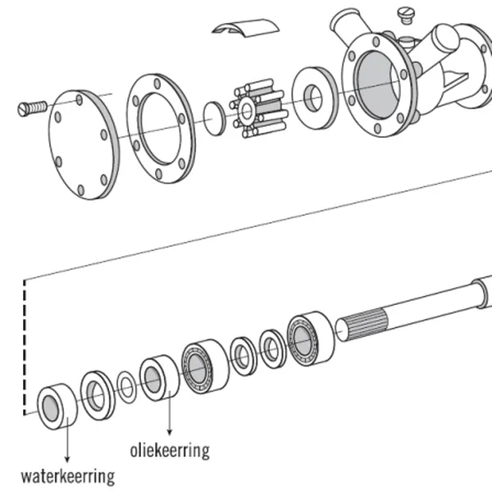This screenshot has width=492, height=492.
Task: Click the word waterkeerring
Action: pos(67,476)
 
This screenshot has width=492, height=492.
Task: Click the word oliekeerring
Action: pos(170,450)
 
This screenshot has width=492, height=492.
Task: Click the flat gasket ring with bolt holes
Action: pos(161,127)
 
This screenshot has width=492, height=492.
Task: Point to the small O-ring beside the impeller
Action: pos(213,117)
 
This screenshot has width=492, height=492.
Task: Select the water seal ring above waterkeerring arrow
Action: pos(57,405)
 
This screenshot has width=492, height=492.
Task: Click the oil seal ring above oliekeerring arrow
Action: pos(158,377)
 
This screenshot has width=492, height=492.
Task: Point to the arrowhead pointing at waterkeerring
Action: pos(66,457)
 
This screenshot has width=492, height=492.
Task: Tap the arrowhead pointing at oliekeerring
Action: pos(170,431)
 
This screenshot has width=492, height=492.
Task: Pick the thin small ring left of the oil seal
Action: pos(126,386)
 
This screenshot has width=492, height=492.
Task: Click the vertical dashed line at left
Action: pos(25,344)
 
